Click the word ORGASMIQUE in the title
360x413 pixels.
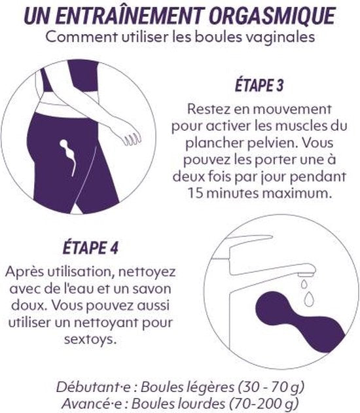coord(272,16)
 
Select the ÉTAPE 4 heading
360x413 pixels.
coord(90,247)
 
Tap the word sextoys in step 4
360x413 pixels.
coord(90,339)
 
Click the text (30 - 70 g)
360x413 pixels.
coord(271,387)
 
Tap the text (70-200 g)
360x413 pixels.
coord(264,403)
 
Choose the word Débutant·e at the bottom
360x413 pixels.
coord(93,387)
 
